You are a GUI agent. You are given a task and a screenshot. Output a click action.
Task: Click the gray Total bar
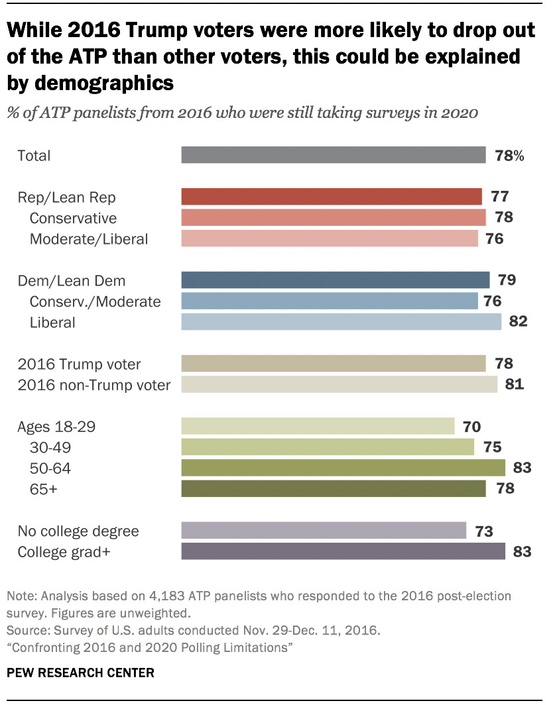[x=333, y=155]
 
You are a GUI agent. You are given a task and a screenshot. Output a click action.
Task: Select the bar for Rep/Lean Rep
[x=331, y=197]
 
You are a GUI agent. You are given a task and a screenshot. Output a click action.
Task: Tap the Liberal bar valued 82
[x=341, y=322]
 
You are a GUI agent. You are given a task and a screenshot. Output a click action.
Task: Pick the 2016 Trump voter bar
[x=333, y=364]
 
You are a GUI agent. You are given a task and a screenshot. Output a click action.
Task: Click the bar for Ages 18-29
[x=317, y=426]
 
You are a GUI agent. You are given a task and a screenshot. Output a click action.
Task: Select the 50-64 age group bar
[x=343, y=468]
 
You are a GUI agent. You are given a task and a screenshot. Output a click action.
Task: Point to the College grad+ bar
[x=343, y=551]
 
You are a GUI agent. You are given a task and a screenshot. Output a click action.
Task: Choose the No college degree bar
[x=323, y=531]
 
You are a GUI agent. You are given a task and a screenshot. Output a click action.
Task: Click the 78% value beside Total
[x=509, y=156]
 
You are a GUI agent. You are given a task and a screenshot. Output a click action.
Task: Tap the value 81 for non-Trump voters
[x=513, y=385]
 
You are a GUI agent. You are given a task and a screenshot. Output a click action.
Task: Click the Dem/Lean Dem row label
[x=72, y=281]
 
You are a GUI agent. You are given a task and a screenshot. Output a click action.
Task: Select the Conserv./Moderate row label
[x=95, y=301]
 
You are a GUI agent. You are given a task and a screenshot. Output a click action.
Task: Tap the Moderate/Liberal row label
[x=89, y=239]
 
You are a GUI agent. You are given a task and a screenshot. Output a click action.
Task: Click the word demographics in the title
[x=91, y=83]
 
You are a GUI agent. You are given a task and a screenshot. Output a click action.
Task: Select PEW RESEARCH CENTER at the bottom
[x=80, y=673]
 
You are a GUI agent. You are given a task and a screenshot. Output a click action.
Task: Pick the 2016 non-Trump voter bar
[x=339, y=385]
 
